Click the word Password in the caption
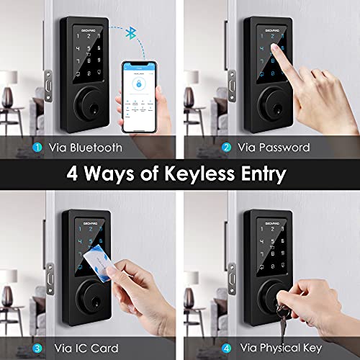285,148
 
